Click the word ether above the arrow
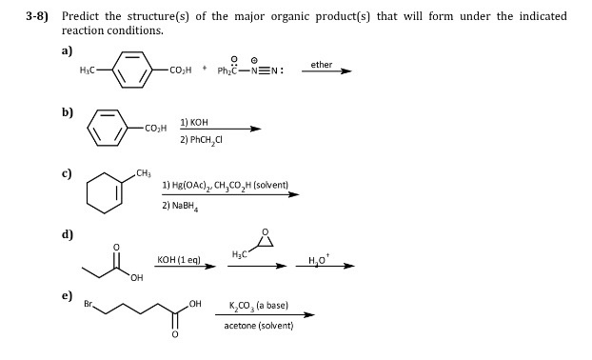[x=322, y=64]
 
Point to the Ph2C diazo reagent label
[x=233, y=70]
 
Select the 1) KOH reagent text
[x=194, y=122]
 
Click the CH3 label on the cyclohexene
[x=144, y=172]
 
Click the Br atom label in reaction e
[x=90, y=306]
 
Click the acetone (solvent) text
[x=258, y=325]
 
